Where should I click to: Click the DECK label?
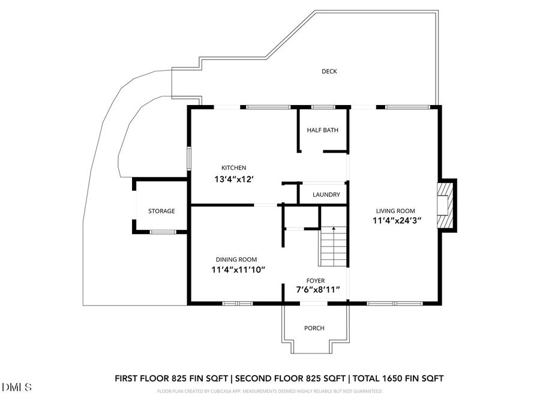click(x=329, y=71)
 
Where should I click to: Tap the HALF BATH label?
click(x=322, y=130)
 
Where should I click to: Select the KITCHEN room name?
click(x=234, y=168)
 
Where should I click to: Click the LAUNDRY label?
click(x=326, y=195)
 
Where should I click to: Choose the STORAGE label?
click(x=161, y=211)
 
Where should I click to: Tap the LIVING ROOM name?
click(x=395, y=211)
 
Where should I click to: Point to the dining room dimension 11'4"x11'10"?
click(x=238, y=269)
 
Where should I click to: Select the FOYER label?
click(x=316, y=280)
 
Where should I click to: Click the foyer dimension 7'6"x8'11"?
click(x=318, y=290)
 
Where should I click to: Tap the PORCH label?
click(x=314, y=328)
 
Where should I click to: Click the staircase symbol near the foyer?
click(x=333, y=247)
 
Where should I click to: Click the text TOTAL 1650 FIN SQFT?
click(x=398, y=378)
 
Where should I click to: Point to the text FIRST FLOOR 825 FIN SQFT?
click(x=172, y=378)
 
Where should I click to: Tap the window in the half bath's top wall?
click(x=323, y=107)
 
